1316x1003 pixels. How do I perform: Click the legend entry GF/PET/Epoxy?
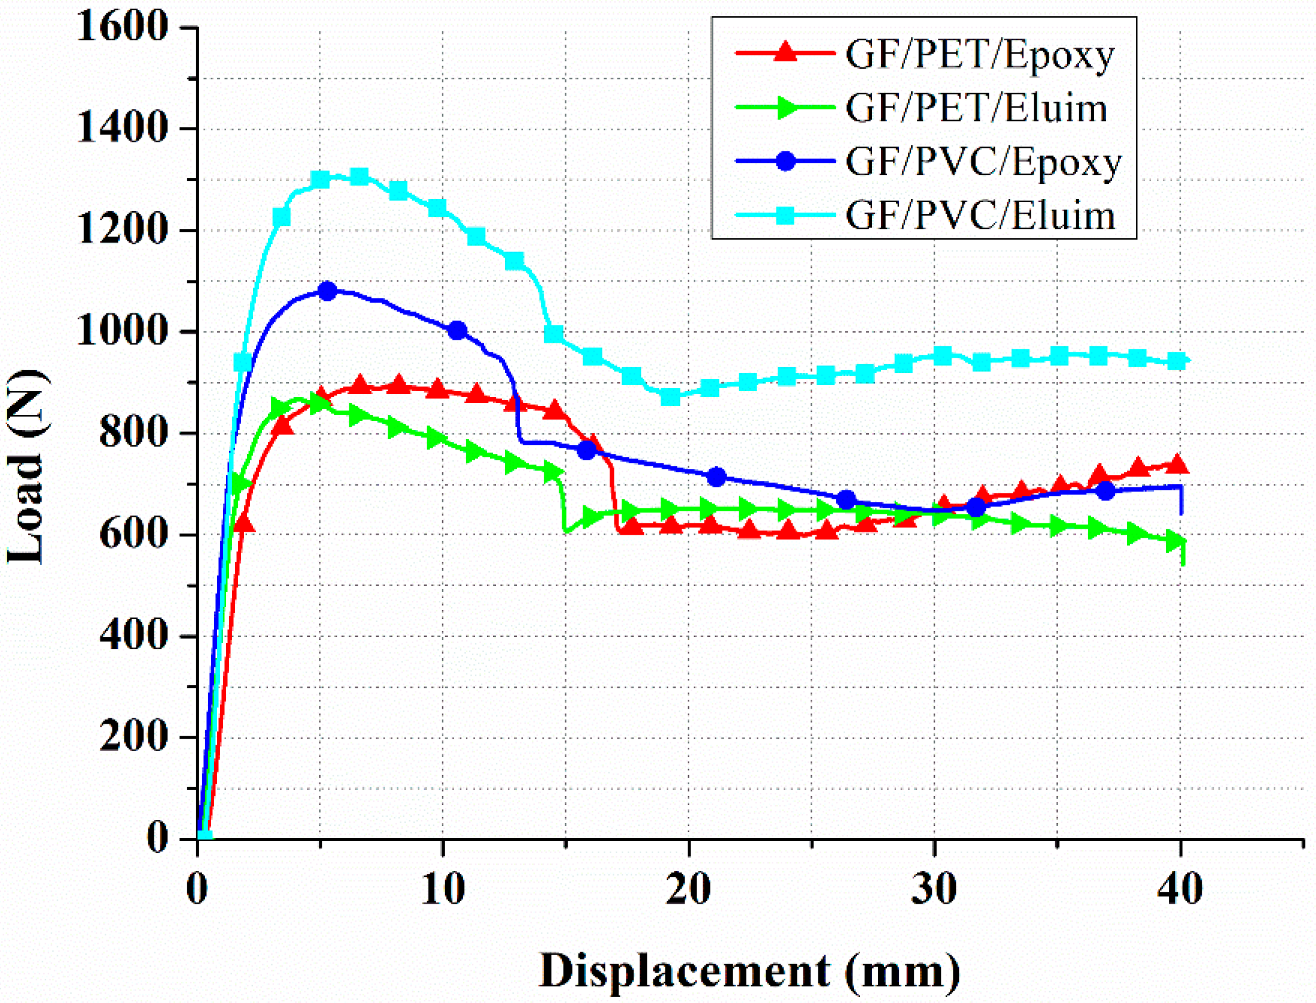coord(979,56)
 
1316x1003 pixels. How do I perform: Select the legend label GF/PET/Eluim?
coord(976,109)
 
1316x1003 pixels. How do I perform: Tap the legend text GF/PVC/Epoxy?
coord(983,163)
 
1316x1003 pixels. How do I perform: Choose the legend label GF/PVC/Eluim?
coord(980,216)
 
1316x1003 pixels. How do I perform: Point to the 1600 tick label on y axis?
coord(122,27)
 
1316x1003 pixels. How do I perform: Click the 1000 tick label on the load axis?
coord(122,331)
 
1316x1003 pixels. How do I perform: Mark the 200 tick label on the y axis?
coord(133,737)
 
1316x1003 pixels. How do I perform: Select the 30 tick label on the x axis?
coord(934,889)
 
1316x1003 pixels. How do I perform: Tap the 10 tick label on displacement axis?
coord(443,889)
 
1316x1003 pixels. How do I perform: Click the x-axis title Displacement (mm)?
coord(750,971)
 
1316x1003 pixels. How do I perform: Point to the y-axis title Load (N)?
coord(27,467)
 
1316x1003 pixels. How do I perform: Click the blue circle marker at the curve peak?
coord(327,291)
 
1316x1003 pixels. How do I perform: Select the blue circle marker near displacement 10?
coord(458,330)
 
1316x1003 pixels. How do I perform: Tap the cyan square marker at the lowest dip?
coord(671,396)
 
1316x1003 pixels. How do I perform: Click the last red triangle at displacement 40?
coord(1177,465)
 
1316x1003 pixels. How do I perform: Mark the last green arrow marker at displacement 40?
coord(1176,541)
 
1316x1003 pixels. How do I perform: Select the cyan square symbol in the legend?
coord(785,215)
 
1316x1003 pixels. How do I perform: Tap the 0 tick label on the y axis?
coord(157,838)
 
